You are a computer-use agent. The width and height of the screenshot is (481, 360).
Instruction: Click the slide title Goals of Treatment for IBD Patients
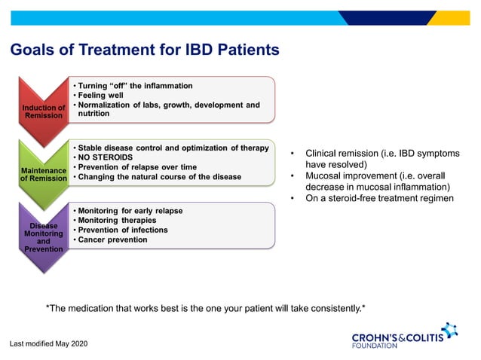[x=144, y=50]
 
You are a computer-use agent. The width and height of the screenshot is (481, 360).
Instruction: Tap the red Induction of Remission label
[x=43, y=111]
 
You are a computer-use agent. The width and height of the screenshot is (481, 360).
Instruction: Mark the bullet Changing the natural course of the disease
[x=160, y=176]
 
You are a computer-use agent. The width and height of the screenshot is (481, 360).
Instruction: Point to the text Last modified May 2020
[x=49, y=343]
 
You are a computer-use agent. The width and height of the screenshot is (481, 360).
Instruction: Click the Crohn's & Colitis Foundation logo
[x=404, y=336]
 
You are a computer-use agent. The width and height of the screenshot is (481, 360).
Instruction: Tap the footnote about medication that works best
[x=205, y=307]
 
